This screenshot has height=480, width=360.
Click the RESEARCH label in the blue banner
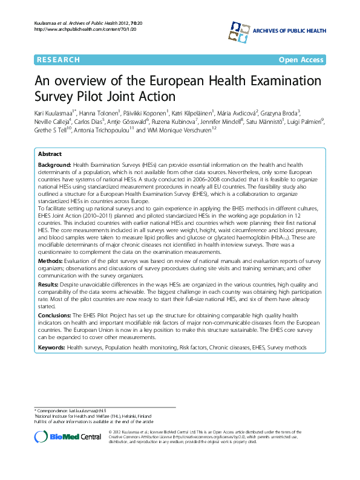point(58,60)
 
